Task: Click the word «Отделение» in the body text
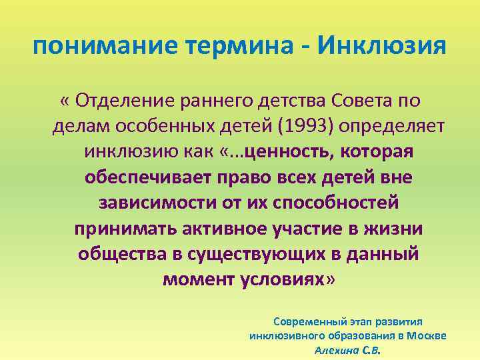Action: (124, 101)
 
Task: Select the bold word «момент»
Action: (193, 279)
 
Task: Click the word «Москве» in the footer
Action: (427, 335)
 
